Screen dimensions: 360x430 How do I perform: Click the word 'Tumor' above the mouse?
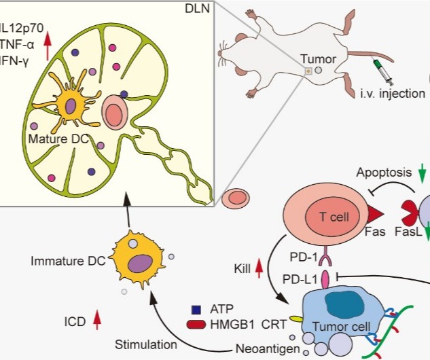(317, 59)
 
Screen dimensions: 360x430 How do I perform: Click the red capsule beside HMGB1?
(196, 325)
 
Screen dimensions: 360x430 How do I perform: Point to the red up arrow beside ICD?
(96, 317)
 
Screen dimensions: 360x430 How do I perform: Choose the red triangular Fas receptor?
(376, 216)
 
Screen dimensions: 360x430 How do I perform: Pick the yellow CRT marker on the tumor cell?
(296, 317)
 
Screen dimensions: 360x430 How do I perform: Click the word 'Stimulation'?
(145, 344)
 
